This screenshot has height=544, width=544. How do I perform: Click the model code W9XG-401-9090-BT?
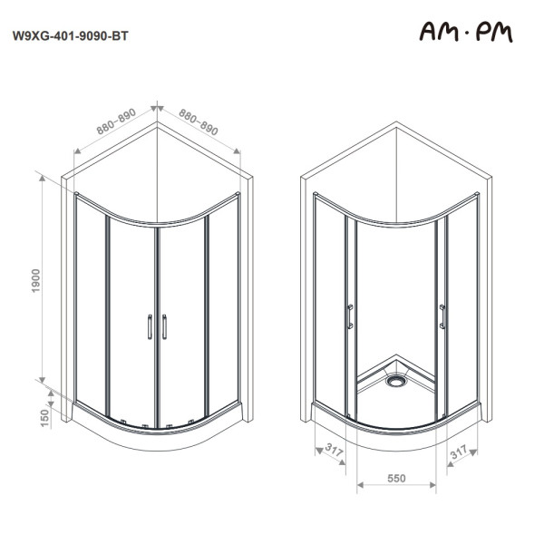[x=71, y=36]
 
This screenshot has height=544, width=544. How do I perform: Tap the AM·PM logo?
[x=466, y=33]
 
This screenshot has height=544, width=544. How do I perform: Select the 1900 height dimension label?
[x=36, y=280]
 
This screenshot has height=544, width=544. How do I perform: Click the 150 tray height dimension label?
[x=45, y=418]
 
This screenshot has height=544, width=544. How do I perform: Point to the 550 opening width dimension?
[x=396, y=479]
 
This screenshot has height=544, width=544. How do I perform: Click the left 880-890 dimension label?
[x=116, y=121]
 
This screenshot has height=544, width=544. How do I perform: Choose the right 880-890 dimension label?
[x=198, y=121]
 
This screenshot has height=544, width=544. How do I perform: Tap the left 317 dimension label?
[x=334, y=451]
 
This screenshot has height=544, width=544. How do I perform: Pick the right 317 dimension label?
[x=459, y=452]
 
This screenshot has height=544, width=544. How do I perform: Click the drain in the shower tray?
[x=395, y=381]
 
